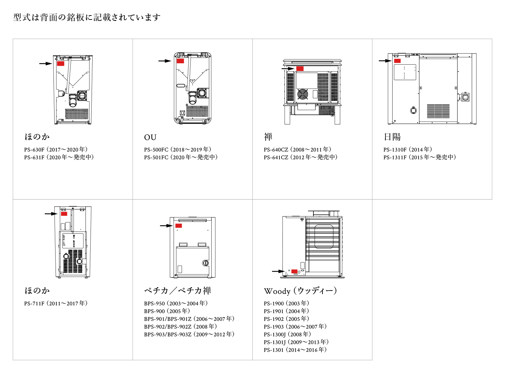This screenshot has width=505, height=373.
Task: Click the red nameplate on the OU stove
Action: tap(180, 61)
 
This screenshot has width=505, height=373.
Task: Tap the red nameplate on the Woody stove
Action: tap(294, 271)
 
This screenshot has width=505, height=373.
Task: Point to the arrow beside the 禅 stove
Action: tap(288, 69)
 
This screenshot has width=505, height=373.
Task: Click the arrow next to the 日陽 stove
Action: tap(385, 61)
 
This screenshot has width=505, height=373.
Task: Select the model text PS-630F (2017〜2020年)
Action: tap(56, 149)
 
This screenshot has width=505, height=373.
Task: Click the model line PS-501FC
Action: tap(181, 157)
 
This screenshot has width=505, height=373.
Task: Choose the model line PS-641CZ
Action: tap(300, 157)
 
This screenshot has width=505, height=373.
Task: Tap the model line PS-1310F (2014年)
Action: tap(408, 149)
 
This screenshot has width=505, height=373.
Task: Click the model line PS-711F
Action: tap(56, 303)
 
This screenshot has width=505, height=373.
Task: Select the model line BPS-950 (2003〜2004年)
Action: tap(176, 303)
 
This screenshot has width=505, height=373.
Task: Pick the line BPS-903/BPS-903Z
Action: tap(189, 334)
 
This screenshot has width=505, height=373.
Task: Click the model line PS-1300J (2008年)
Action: tap(287, 334)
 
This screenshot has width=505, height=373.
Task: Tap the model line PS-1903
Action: tap(295, 327)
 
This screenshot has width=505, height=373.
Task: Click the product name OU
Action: tap(150, 137)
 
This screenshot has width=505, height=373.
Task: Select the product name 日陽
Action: tap(392, 137)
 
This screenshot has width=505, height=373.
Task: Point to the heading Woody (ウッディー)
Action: tap(300, 291)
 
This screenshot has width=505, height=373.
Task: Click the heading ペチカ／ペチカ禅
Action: tap(177, 291)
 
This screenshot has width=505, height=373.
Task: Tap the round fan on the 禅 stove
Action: tap(303, 94)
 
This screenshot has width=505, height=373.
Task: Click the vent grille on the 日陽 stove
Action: tap(438, 111)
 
